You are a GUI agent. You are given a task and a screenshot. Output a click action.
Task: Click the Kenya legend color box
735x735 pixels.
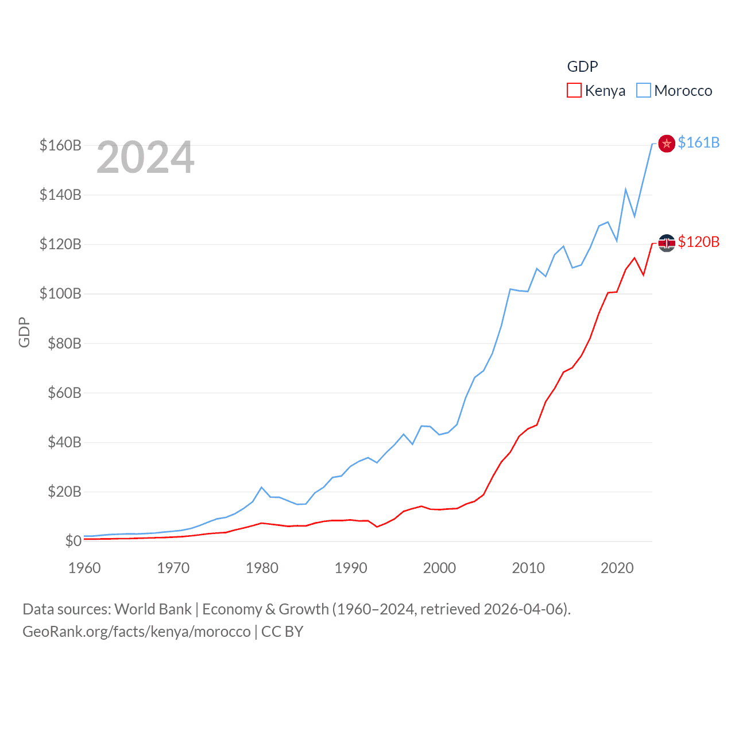[x=574, y=91]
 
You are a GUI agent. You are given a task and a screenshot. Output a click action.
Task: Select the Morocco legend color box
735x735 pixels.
[x=644, y=91]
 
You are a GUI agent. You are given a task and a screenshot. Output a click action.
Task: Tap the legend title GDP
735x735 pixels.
[x=582, y=67]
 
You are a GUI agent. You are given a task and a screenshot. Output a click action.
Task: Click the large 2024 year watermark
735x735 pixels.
[x=145, y=157]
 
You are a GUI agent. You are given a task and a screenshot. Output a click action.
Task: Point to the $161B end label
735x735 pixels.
[x=698, y=142]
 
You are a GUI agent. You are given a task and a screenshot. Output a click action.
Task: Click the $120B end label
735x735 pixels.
[x=698, y=242]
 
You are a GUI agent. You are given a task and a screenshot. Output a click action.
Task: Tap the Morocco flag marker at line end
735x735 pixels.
[x=666, y=144]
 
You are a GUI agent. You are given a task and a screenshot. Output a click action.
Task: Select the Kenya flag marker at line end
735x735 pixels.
[x=666, y=243]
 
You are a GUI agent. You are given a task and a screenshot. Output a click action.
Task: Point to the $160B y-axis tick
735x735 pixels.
[x=60, y=145]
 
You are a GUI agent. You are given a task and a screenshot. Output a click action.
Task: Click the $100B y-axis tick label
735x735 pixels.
[x=60, y=294]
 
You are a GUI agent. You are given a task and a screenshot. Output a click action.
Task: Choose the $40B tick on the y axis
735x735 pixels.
[x=64, y=442]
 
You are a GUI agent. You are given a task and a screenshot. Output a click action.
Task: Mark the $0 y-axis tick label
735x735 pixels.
[x=73, y=541]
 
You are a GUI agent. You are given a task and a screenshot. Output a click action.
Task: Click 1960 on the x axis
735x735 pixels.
[x=84, y=568]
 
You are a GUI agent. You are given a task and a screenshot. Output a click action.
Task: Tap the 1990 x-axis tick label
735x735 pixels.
[x=351, y=568]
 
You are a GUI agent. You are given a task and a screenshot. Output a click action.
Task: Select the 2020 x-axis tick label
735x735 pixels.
[x=617, y=568]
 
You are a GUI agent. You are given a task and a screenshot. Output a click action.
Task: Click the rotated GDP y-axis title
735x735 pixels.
[x=24, y=332]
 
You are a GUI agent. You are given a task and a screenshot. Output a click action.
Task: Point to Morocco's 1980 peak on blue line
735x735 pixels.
[x=262, y=488]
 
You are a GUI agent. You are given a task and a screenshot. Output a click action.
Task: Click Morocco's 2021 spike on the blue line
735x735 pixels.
[x=626, y=189]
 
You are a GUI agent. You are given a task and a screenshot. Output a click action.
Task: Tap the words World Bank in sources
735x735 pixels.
[x=153, y=609]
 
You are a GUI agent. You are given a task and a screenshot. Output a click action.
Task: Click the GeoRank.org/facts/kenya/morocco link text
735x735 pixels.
[x=137, y=632]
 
